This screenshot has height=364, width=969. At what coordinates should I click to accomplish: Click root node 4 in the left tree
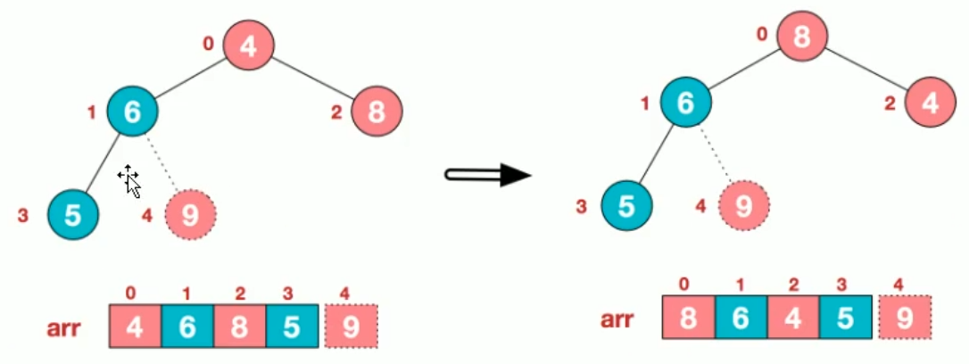pyautogui.click(x=248, y=45)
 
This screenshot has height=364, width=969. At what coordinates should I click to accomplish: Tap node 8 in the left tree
pyautogui.click(x=377, y=112)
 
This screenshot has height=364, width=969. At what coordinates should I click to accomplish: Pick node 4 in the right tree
pyautogui.click(x=930, y=103)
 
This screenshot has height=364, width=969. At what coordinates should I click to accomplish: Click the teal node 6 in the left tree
pyautogui.click(x=132, y=111)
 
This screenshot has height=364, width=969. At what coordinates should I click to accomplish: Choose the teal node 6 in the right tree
pyautogui.click(x=685, y=103)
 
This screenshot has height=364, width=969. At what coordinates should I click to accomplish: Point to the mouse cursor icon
pyautogui.click(x=129, y=180)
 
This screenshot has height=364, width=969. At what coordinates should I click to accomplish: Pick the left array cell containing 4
pyautogui.click(x=135, y=327)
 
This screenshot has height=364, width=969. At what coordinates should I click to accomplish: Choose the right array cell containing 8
pyautogui.click(x=689, y=318)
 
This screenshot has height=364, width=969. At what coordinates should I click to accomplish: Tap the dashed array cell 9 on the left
pyautogui.click(x=352, y=327)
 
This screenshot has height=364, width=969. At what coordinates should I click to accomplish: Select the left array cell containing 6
pyautogui.click(x=187, y=327)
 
